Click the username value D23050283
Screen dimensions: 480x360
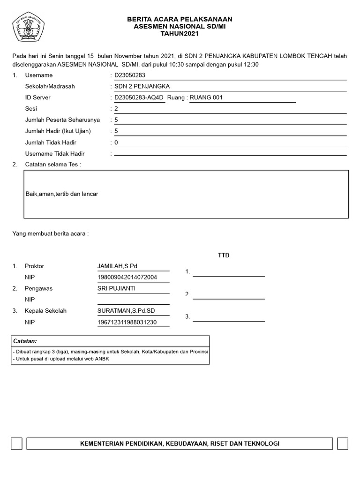pyautogui.click(x=130, y=75)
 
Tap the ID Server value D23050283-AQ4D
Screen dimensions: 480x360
pyautogui.click(x=139, y=98)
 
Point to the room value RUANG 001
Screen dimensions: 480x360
pyautogui.click(x=206, y=98)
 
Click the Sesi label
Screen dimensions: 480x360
pyautogui.click(x=31, y=109)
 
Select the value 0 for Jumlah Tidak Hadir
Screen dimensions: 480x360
pyautogui.click(x=116, y=142)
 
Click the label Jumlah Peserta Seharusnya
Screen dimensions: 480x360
pyautogui.click(x=62, y=120)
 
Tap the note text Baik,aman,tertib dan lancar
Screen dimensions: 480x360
pyautogui.click(x=62, y=194)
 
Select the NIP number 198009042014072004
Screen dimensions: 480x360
pyautogui.click(x=127, y=277)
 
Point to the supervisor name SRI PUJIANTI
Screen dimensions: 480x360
pyautogui.click(x=116, y=288)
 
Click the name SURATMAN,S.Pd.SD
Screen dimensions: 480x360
pyautogui.click(x=126, y=311)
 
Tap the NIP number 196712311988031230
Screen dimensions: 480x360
pyautogui.click(x=127, y=322)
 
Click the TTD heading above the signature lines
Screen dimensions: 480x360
pyautogui.click(x=224, y=255)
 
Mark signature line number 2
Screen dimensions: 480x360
pyautogui.click(x=228, y=295)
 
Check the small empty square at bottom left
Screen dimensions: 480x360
pyautogui.click(x=16, y=443)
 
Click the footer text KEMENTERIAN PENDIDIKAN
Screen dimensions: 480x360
pyautogui.click(x=180, y=443)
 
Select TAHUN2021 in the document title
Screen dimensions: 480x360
pyautogui.click(x=180, y=34)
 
